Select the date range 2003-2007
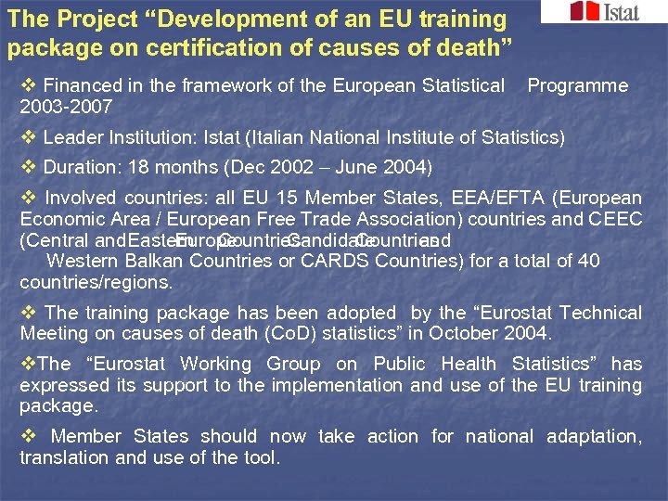coord(66,107)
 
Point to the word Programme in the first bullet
coord(577,85)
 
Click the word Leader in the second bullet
coord(73,137)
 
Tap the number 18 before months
coord(139,168)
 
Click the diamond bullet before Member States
coord(27,436)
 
